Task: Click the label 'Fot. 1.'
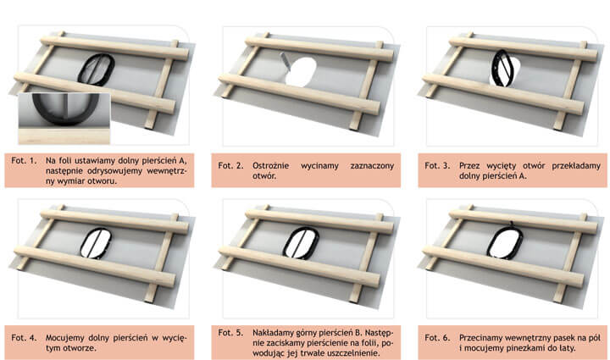click(24, 160)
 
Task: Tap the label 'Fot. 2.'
click(230, 166)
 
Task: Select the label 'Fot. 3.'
click(437, 166)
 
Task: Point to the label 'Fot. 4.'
click(24, 338)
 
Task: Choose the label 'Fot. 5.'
click(230, 333)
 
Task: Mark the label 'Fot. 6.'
click(437, 338)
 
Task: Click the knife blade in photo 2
click(286, 62)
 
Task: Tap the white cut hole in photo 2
click(300, 72)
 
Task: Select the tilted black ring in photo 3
click(495, 62)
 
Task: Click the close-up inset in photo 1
click(64, 119)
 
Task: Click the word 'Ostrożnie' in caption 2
click(270, 166)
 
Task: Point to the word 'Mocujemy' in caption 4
click(64, 338)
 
